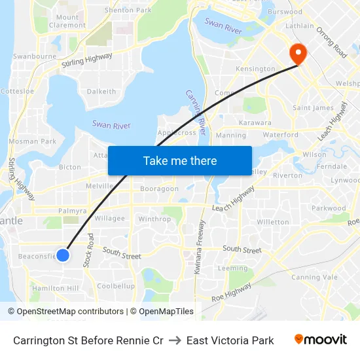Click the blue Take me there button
[x=180, y=161]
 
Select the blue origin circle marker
[x=63, y=255]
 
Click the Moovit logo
[x=321, y=340]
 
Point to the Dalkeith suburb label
[x=101, y=92]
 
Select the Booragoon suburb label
[x=158, y=189]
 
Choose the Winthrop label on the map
[x=154, y=219]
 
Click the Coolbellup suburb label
[x=116, y=286]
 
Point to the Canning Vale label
[x=312, y=277]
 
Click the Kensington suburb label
[x=255, y=69]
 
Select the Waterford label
[x=280, y=135]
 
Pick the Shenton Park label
[x=128, y=10]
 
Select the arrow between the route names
[x=175, y=340]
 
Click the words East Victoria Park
[x=230, y=340]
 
